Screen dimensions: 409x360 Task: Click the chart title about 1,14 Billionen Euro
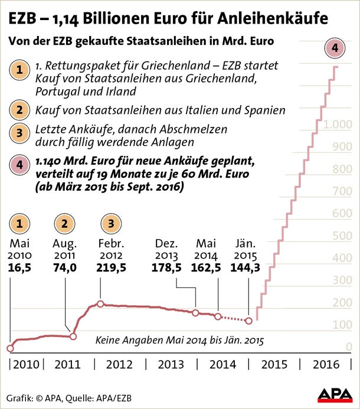click(168, 18)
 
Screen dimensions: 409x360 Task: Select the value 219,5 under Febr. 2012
click(112, 267)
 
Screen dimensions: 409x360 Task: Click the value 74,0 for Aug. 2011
click(64, 267)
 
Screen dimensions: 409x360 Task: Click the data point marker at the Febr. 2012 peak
click(100, 304)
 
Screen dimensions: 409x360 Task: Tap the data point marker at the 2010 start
click(10, 348)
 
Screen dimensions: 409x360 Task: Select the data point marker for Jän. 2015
click(248, 320)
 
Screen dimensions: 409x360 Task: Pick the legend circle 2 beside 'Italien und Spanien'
click(21, 110)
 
